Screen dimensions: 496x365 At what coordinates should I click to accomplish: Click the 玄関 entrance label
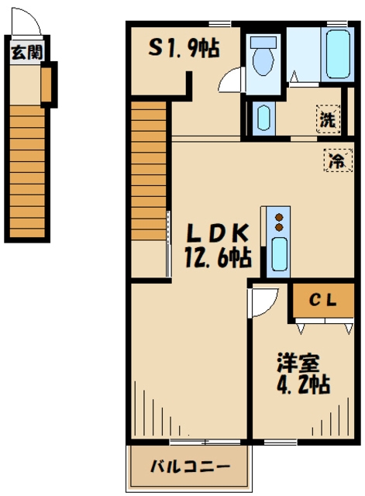point(27,53)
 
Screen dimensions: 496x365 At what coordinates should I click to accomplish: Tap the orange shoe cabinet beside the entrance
point(46,86)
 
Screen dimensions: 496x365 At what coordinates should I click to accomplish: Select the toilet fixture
point(263,59)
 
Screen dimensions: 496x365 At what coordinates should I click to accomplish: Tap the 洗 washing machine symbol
point(329,120)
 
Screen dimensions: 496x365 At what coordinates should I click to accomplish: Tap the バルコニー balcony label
point(190,467)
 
